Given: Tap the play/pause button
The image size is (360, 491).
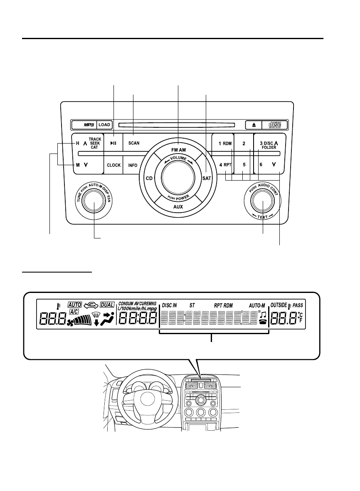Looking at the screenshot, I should point(113,143).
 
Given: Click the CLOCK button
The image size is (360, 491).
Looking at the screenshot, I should point(113,165).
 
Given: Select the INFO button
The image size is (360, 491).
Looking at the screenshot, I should point(133,165).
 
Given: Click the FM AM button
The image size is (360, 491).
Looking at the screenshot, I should point(178,149).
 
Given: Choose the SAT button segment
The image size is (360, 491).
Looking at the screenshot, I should point(207,178).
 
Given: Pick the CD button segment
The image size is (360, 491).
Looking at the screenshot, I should point(149,178).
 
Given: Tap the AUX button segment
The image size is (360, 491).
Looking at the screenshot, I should point(178,206).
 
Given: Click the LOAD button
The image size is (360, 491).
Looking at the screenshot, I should point(104,124).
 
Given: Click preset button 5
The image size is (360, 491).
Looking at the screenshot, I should point(244,165).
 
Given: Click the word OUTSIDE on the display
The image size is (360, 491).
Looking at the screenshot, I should point(279,305).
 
